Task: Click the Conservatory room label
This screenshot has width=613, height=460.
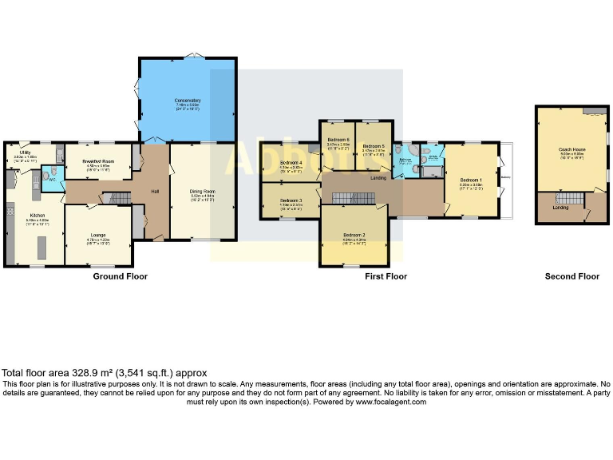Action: (x=188, y=101)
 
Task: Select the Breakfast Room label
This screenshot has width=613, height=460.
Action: (x=97, y=161)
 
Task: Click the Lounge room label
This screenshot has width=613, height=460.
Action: (x=99, y=235)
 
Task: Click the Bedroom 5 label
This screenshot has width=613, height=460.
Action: (x=374, y=146)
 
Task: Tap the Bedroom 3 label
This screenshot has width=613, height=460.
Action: (x=291, y=200)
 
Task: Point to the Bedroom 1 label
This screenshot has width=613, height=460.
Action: (x=471, y=180)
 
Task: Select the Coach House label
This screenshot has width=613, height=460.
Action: (x=571, y=149)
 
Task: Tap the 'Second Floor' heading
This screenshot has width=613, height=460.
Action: (x=571, y=276)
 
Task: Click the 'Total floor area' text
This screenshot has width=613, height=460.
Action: (x=104, y=373)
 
